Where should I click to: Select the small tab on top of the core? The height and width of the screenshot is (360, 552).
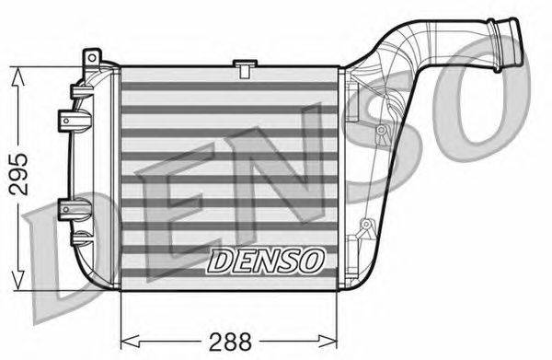click(x=244, y=65)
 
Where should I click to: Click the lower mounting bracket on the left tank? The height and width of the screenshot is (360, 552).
click(x=69, y=204)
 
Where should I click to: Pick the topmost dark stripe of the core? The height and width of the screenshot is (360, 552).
click(x=230, y=86)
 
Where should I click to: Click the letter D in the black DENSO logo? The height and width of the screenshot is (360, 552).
click(x=220, y=261)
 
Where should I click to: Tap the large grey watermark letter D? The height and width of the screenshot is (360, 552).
click(x=64, y=230)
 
